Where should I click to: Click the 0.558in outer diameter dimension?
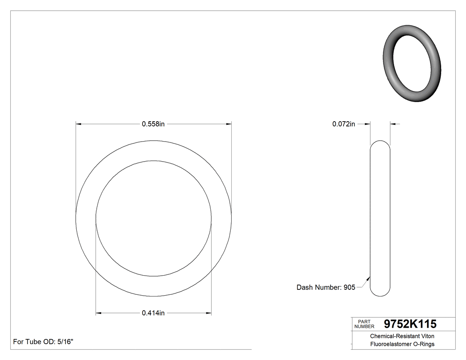click(153, 124)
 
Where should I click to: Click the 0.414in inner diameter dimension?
click(153, 313)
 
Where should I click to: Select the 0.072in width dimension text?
click(344, 124)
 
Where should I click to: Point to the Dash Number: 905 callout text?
click(325, 288)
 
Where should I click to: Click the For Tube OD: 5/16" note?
click(43, 342)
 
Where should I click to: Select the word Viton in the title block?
click(427, 336)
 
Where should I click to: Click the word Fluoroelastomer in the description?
click(388, 344)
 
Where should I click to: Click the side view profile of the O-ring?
click(380, 218)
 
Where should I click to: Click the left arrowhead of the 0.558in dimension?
click(79, 124)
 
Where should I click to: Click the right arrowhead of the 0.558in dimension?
click(229, 124)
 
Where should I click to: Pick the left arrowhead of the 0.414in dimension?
click(99, 313)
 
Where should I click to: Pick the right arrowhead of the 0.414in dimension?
click(209, 313)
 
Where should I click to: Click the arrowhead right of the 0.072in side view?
click(393, 124)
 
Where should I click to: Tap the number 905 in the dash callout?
click(349, 288)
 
